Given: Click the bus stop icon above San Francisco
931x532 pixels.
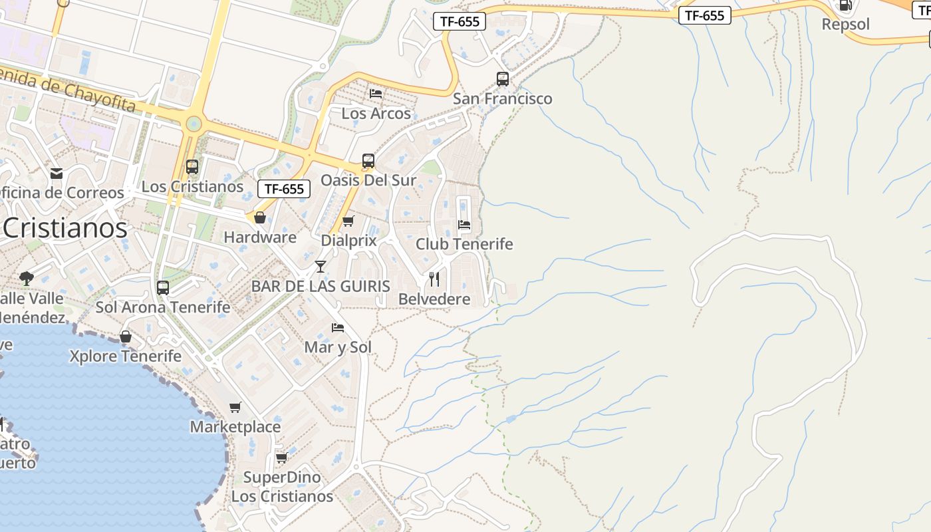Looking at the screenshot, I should (x=503, y=79).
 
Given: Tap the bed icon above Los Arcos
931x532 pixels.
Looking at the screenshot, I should (x=376, y=94).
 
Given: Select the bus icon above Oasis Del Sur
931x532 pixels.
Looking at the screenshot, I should (x=368, y=161).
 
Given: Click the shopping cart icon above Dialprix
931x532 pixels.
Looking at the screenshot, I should (x=348, y=221).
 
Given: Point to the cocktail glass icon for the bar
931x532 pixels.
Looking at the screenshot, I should (x=321, y=267).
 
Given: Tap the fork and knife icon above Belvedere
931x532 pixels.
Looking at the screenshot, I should (x=434, y=279).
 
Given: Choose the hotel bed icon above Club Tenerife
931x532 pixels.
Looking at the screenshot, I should (x=464, y=225).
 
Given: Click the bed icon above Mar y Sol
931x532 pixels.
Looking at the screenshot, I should (x=338, y=328).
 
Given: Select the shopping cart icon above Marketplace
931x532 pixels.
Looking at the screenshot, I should (x=235, y=407).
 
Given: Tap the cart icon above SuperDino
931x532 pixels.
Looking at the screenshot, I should (x=281, y=458).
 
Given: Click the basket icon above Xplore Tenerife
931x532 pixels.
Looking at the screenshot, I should (x=126, y=336).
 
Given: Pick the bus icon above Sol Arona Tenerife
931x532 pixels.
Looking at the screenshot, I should (x=163, y=288).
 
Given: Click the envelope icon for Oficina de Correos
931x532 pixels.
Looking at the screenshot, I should (x=57, y=174).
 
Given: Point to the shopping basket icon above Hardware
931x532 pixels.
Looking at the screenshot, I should (x=260, y=217).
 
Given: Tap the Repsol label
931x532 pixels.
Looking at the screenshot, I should (x=846, y=25).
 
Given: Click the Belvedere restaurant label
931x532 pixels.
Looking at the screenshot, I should (x=434, y=299).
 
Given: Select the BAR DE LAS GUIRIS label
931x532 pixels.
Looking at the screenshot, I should (x=321, y=287).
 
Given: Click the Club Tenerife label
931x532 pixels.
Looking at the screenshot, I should (x=464, y=244).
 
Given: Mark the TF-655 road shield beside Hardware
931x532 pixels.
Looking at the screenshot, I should (x=284, y=189).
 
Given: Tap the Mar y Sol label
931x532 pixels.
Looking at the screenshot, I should (x=338, y=347).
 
